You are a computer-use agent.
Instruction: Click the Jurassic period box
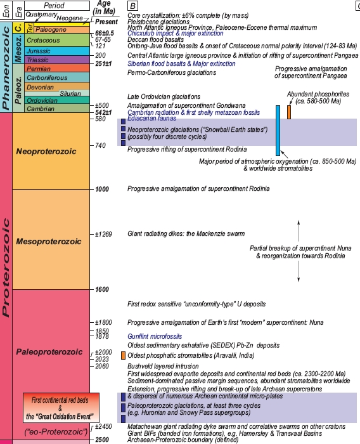pos(57,51)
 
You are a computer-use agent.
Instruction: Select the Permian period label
pos(39,69)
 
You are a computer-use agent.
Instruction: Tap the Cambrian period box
pos(57,108)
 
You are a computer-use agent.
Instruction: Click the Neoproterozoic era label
pos(46,152)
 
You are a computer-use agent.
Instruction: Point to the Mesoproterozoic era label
pos(49,242)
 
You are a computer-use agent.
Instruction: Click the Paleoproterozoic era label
pos(49,352)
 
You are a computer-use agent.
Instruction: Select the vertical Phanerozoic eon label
pos(6,68)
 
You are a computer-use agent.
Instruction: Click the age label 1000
pos(102,189)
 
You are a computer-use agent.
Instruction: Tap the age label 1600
pos(102,289)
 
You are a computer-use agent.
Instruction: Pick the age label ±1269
pos(103,234)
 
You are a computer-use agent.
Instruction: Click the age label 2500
pos(102,440)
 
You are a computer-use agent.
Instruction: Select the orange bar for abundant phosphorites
pos(289,112)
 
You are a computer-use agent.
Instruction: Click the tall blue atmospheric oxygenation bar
pos(278,131)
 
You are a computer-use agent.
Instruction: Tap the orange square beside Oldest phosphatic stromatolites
pos(123,356)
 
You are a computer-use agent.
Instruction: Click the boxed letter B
pos(132,6)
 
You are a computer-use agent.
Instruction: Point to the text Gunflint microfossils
pos(155,336)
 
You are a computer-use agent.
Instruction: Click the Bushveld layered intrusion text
pos(163,366)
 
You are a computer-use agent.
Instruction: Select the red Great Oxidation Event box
pos(61,408)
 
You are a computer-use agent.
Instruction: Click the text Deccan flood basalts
pos(156,39)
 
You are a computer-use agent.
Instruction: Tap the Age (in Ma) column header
pos(104,8)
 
